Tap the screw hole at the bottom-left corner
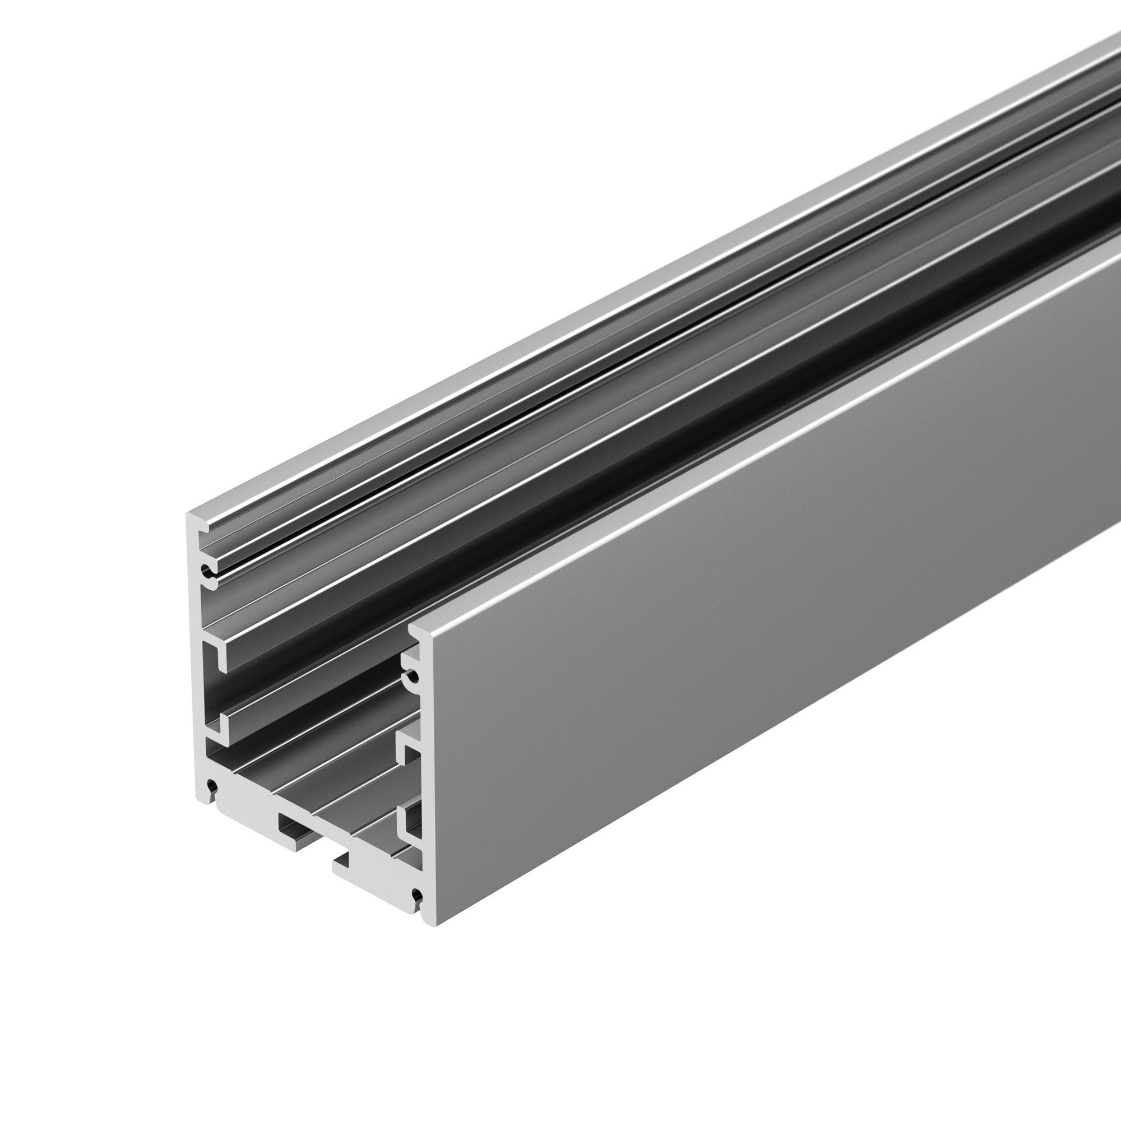211,788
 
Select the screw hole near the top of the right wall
412,677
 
